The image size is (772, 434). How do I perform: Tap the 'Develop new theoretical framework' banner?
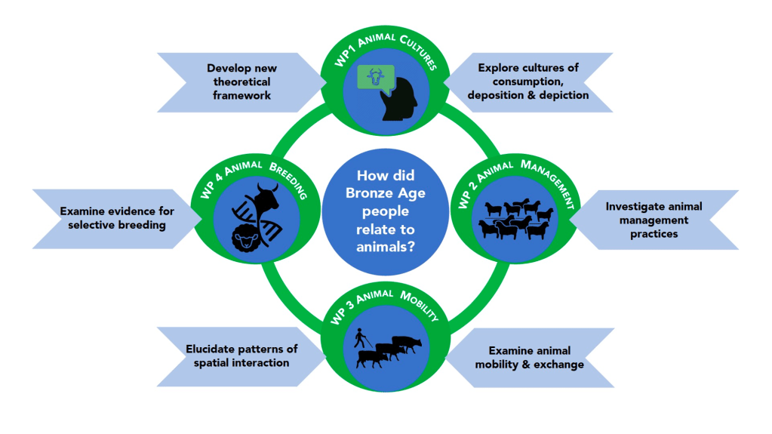239,82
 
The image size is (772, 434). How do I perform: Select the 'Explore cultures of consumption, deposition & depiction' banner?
531,82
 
